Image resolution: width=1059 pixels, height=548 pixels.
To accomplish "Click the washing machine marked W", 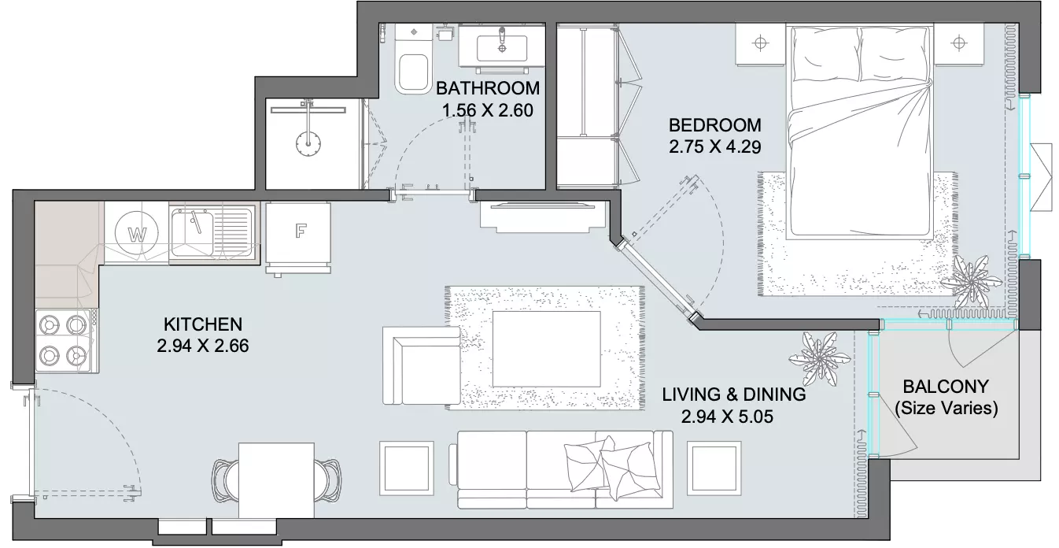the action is click(x=137, y=233).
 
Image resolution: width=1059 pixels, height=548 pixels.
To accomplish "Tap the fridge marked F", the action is click(x=298, y=233).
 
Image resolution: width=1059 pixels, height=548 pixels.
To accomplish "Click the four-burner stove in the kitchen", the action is click(x=67, y=340).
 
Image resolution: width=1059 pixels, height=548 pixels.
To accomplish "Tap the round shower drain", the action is click(x=308, y=143).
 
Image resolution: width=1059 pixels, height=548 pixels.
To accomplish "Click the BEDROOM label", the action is click(x=715, y=125).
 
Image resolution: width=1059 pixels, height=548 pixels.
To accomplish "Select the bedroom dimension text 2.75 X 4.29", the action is click(x=715, y=146).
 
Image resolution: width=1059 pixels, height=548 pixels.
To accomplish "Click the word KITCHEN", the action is click(x=203, y=324).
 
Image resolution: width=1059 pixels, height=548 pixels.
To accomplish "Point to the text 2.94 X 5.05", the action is click(x=727, y=417).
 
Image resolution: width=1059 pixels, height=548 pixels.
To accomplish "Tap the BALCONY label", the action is click(x=946, y=387).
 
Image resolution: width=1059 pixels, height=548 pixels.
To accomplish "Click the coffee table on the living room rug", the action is click(x=547, y=349).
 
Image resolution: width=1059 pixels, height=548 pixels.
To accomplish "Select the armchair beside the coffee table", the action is click(x=421, y=366).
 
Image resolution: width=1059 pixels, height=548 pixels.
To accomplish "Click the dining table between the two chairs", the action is click(x=276, y=480).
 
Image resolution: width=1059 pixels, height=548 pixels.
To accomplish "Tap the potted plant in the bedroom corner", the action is click(x=970, y=283).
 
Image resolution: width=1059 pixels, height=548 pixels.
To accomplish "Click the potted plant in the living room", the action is click(x=819, y=359).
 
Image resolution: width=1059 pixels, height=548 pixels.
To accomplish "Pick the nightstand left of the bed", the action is click(x=760, y=44).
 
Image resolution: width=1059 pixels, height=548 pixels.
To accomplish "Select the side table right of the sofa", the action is click(x=714, y=468).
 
